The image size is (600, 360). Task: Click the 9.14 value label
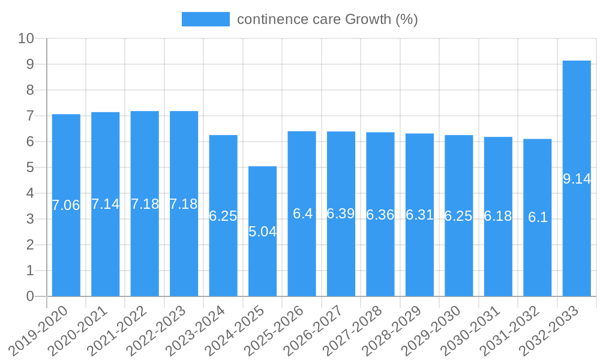point(577,179)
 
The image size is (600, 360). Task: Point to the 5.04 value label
point(262,232)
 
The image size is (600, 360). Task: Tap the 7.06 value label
point(66,205)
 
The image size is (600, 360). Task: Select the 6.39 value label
point(341,214)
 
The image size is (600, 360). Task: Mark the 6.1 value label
point(538,217)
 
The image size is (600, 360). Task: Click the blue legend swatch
point(205,19)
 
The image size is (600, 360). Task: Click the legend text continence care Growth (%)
point(327,19)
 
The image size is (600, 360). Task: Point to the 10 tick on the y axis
point(26,38)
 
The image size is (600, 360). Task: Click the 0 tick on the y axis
point(30,296)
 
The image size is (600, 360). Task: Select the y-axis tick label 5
point(30,167)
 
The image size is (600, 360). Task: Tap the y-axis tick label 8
point(30,90)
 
